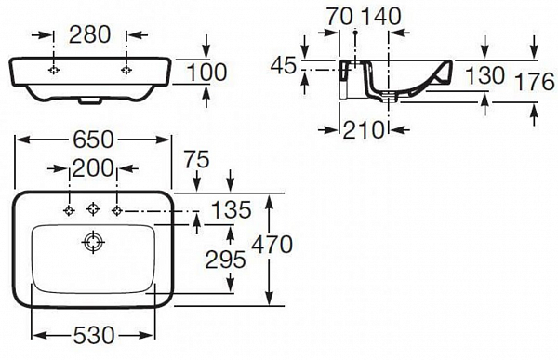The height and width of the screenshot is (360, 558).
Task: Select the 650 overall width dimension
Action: (93, 140)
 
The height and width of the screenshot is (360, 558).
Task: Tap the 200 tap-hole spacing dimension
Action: (93, 168)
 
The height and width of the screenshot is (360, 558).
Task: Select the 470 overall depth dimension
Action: (272, 246)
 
